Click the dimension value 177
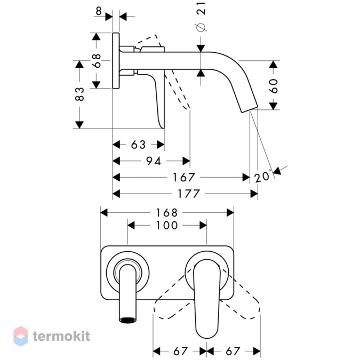pos(188,194)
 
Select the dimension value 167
pos(183,177)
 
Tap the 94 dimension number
pos(154,161)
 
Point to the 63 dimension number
pos(139,145)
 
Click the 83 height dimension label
pos(79,94)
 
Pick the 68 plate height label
pos(97,61)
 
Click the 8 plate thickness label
pos(99,11)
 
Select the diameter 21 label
pos(201,8)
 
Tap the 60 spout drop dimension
pos(273,86)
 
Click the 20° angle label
pos(262,177)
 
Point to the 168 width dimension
pos(167,213)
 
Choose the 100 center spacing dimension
pos(167,225)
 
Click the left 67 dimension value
pos(181,351)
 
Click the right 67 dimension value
pos(233,351)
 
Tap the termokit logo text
pos(61,337)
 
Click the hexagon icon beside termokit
pos(21,336)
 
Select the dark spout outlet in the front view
pos(127,320)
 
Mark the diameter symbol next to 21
pos(201,27)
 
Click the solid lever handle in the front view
pos(207,299)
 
